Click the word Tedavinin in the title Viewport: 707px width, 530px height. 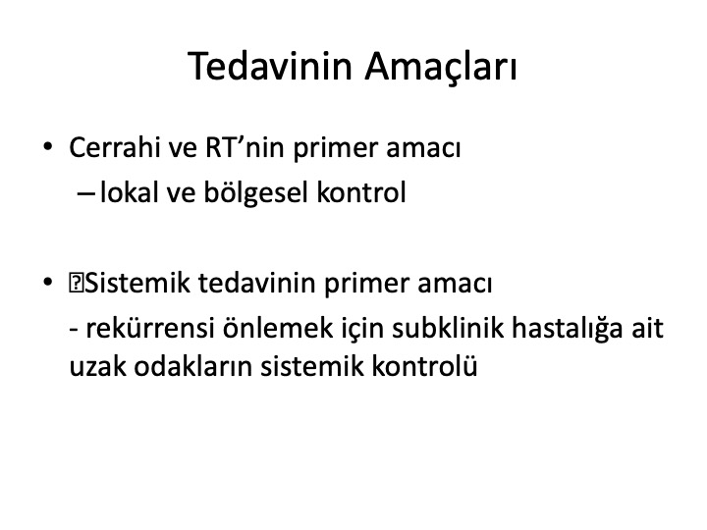click(x=270, y=66)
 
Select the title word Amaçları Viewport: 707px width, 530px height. click(x=441, y=68)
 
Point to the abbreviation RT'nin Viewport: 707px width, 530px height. click(x=245, y=147)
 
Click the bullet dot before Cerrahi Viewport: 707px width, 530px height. click(x=48, y=147)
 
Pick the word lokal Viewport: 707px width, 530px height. click(x=129, y=192)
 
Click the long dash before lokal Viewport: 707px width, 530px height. click(x=85, y=193)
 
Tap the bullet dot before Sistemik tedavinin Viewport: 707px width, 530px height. click(x=48, y=283)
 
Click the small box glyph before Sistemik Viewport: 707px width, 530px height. click(x=75, y=283)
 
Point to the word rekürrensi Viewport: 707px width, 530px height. click(x=149, y=327)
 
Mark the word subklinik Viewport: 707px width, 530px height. click(x=448, y=327)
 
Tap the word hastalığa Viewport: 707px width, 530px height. click(x=568, y=329)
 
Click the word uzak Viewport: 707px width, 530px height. click(x=97, y=365)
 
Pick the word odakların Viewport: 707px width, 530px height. click(x=193, y=365)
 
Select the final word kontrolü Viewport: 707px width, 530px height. click(x=424, y=365)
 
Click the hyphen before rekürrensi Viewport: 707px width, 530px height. click(x=74, y=331)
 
